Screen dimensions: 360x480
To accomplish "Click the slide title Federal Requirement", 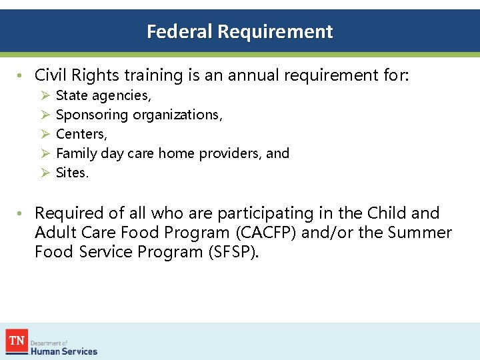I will (239, 31).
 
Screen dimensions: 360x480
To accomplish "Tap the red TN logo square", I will (17, 341).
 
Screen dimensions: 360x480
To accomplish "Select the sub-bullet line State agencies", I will (103, 95).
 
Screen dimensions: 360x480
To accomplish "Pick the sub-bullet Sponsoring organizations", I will (139, 115).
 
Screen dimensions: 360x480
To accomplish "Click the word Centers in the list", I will (81, 134).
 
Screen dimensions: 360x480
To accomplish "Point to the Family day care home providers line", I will (172, 153).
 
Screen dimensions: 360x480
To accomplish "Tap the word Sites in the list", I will (71, 173).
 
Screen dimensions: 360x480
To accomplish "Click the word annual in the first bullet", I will (254, 75).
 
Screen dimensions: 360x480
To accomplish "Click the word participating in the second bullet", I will (257, 213).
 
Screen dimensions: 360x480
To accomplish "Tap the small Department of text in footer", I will (50, 343).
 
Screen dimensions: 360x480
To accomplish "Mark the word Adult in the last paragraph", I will (54, 233).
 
